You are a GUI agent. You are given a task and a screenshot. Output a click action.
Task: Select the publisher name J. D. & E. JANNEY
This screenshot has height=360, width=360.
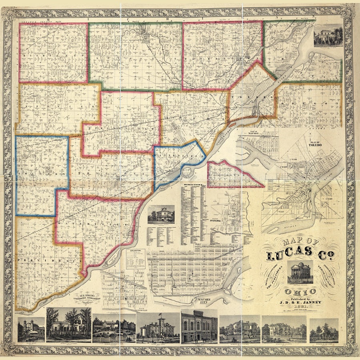pyautogui.click(x=300, y=301)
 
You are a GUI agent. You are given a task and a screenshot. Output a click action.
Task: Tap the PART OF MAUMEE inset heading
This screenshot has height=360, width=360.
pyautogui.click(x=256, y=132)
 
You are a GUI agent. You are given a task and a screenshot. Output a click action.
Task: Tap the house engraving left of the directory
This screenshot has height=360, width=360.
pyautogui.click(x=161, y=214)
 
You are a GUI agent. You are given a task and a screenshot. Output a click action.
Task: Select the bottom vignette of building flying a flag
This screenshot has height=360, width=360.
pyautogui.click(x=158, y=327)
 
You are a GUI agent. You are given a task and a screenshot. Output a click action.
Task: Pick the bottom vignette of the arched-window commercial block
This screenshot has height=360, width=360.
pyautogui.click(x=199, y=326)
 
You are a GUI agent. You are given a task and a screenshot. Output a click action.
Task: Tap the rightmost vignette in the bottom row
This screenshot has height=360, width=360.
pyautogui.click(x=324, y=330)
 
